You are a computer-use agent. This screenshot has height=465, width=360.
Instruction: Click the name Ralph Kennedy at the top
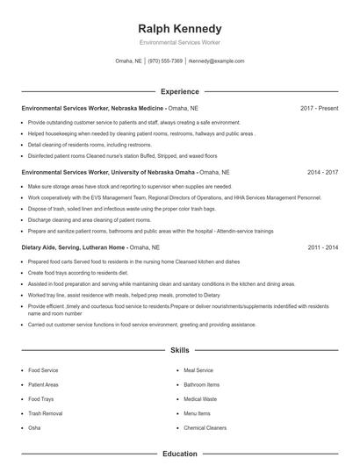(x=180, y=29)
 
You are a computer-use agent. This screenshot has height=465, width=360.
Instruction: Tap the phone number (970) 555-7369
(x=166, y=61)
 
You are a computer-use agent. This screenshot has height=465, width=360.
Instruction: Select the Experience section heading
(x=180, y=91)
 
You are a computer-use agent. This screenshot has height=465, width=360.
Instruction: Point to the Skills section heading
(x=180, y=350)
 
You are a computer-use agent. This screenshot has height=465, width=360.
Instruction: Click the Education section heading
(x=180, y=454)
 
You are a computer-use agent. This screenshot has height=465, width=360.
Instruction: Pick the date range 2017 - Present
(x=319, y=108)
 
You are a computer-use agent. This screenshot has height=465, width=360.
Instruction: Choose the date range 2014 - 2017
(x=322, y=173)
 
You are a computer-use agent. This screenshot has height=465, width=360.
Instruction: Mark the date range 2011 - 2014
(x=322, y=248)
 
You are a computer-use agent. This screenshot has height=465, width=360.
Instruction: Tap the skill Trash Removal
(x=46, y=413)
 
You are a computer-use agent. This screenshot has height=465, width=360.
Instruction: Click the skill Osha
(x=34, y=427)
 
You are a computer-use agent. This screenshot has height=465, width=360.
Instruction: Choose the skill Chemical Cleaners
(x=205, y=427)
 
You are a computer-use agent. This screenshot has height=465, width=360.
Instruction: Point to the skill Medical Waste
(x=200, y=399)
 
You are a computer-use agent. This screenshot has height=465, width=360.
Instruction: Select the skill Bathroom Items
(x=201, y=384)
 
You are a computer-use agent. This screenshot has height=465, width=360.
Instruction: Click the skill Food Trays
(x=41, y=399)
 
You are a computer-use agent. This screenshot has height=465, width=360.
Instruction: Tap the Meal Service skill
(x=198, y=370)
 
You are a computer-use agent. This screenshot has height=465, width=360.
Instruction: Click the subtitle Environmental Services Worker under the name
(x=180, y=43)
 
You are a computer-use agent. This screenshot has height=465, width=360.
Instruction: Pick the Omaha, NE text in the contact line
(x=129, y=61)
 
